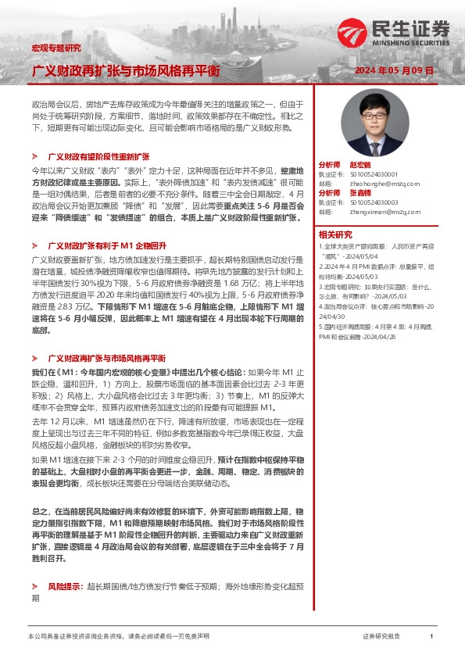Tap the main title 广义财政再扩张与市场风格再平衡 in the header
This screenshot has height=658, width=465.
click(125, 71)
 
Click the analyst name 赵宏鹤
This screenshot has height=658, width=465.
click(359, 165)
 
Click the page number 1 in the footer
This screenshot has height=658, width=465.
click(431, 637)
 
